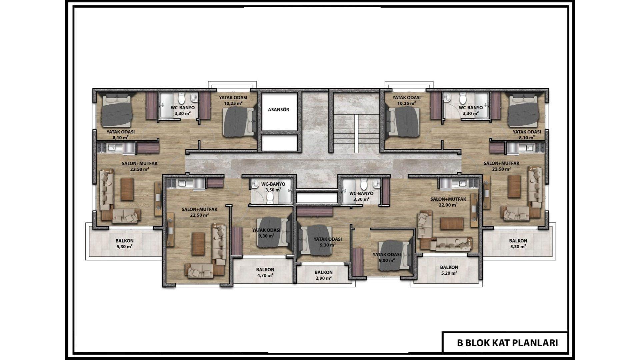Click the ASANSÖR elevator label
click(x=279, y=110)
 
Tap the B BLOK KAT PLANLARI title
click(x=507, y=343)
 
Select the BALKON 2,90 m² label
click(x=323, y=275)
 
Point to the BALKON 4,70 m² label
click(x=265, y=272)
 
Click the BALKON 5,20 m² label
click(x=449, y=270)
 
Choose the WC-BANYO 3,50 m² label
click(x=273, y=187)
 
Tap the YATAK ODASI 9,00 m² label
click(x=387, y=257)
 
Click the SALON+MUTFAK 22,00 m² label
click(x=448, y=202)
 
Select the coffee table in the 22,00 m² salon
click(x=452, y=223)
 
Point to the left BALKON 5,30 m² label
click(x=124, y=243)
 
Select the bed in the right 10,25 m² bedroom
click(x=403, y=121)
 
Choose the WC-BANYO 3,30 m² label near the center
click(x=361, y=196)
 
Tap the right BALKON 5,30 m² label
click(x=518, y=243)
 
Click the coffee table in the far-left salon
click(x=127, y=189)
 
